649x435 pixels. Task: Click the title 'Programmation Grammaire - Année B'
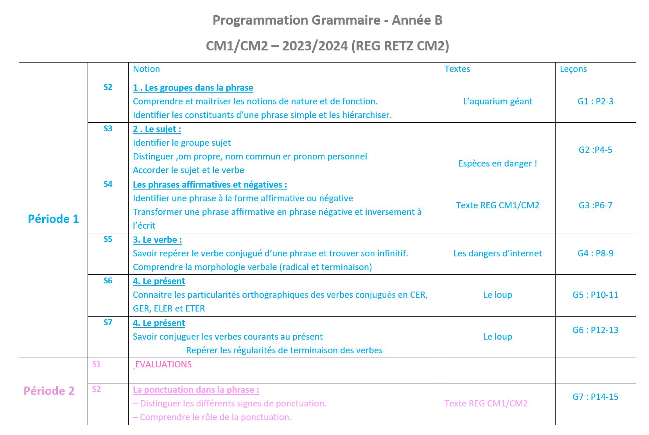(x=327, y=20)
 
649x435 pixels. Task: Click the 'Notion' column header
(x=146, y=69)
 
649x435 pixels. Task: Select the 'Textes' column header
(x=457, y=69)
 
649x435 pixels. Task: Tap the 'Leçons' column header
(x=573, y=69)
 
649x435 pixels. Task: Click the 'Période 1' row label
(x=53, y=219)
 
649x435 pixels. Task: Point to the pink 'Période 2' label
(x=49, y=391)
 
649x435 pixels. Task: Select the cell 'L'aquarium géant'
(x=497, y=102)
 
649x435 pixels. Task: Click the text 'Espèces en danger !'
(x=497, y=164)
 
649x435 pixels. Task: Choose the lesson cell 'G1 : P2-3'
(x=595, y=102)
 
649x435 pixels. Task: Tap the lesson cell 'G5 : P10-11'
(x=595, y=295)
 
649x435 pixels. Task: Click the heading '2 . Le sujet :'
(x=157, y=129)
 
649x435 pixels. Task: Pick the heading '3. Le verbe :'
(x=157, y=240)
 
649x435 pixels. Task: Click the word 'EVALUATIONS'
(x=163, y=365)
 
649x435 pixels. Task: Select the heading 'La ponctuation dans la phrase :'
(x=196, y=390)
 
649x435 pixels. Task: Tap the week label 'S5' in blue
(x=108, y=239)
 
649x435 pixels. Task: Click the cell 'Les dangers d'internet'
(x=497, y=254)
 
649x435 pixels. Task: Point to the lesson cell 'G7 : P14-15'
(x=595, y=397)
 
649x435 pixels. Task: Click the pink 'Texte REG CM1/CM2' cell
(x=486, y=404)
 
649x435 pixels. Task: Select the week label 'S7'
(x=108, y=322)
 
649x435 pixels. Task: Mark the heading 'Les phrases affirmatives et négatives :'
(x=210, y=185)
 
